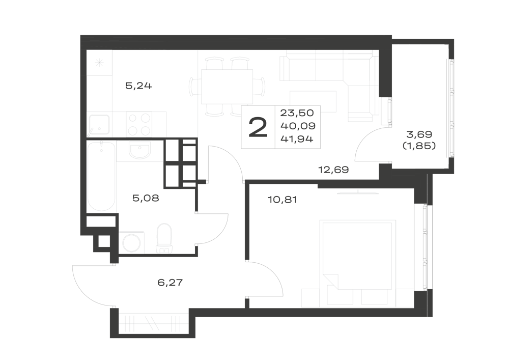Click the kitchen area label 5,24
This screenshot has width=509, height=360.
point(138,86)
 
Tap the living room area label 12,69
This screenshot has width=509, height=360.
point(334,170)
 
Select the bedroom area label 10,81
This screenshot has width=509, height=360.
point(282,199)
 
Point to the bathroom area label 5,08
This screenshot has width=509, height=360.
point(146,198)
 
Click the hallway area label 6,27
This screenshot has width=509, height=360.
point(170,283)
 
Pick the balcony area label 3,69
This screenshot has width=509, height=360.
point(419,134)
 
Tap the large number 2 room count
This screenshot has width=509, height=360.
point(258,127)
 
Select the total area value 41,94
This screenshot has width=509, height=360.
point(297,139)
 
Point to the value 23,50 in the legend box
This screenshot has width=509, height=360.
point(297,113)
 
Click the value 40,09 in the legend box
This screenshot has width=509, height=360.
point(298,126)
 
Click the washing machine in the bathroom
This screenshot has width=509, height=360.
point(132,242)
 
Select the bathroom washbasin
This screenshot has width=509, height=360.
point(139,151)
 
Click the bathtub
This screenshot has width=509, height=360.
point(101,176)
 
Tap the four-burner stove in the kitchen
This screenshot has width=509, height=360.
point(139,124)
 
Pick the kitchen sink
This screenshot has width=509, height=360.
point(99,125)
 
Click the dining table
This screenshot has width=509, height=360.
point(227,87)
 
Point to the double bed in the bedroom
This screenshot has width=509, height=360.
point(358,264)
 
